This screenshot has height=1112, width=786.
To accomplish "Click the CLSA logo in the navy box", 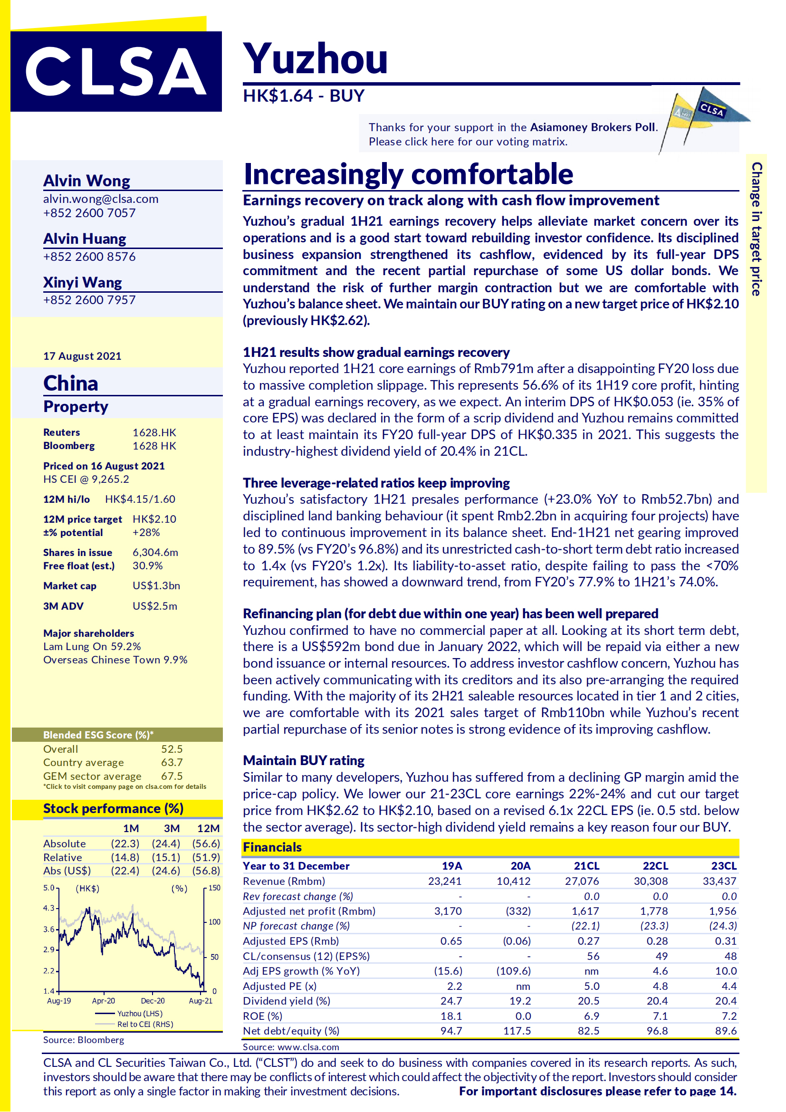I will (x=116, y=72).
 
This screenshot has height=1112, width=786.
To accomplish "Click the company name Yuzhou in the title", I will (x=315, y=59).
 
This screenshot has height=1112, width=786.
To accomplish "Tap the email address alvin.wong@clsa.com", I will (x=101, y=199).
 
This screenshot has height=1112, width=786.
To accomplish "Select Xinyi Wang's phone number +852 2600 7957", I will (x=89, y=300).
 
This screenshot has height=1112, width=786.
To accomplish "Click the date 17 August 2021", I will (x=82, y=356).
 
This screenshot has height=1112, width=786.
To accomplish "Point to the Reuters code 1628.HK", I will (x=154, y=432).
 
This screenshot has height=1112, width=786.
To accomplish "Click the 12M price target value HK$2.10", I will (x=154, y=519).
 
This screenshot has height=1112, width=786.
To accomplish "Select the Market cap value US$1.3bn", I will (x=156, y=585).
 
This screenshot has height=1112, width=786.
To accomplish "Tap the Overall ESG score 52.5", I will (x=172, y=749).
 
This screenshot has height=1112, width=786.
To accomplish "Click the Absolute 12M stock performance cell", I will (x=206, y=843).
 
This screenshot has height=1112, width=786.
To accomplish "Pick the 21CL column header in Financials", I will (x=586, y=865).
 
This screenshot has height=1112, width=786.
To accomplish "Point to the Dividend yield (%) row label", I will (x=286, y=1001).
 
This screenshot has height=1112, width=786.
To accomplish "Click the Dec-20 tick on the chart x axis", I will (x=153, y=1001).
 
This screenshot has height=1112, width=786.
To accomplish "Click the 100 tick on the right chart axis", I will (x=214, y=921).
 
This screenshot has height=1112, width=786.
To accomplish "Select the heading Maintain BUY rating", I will (x=304, y=760).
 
